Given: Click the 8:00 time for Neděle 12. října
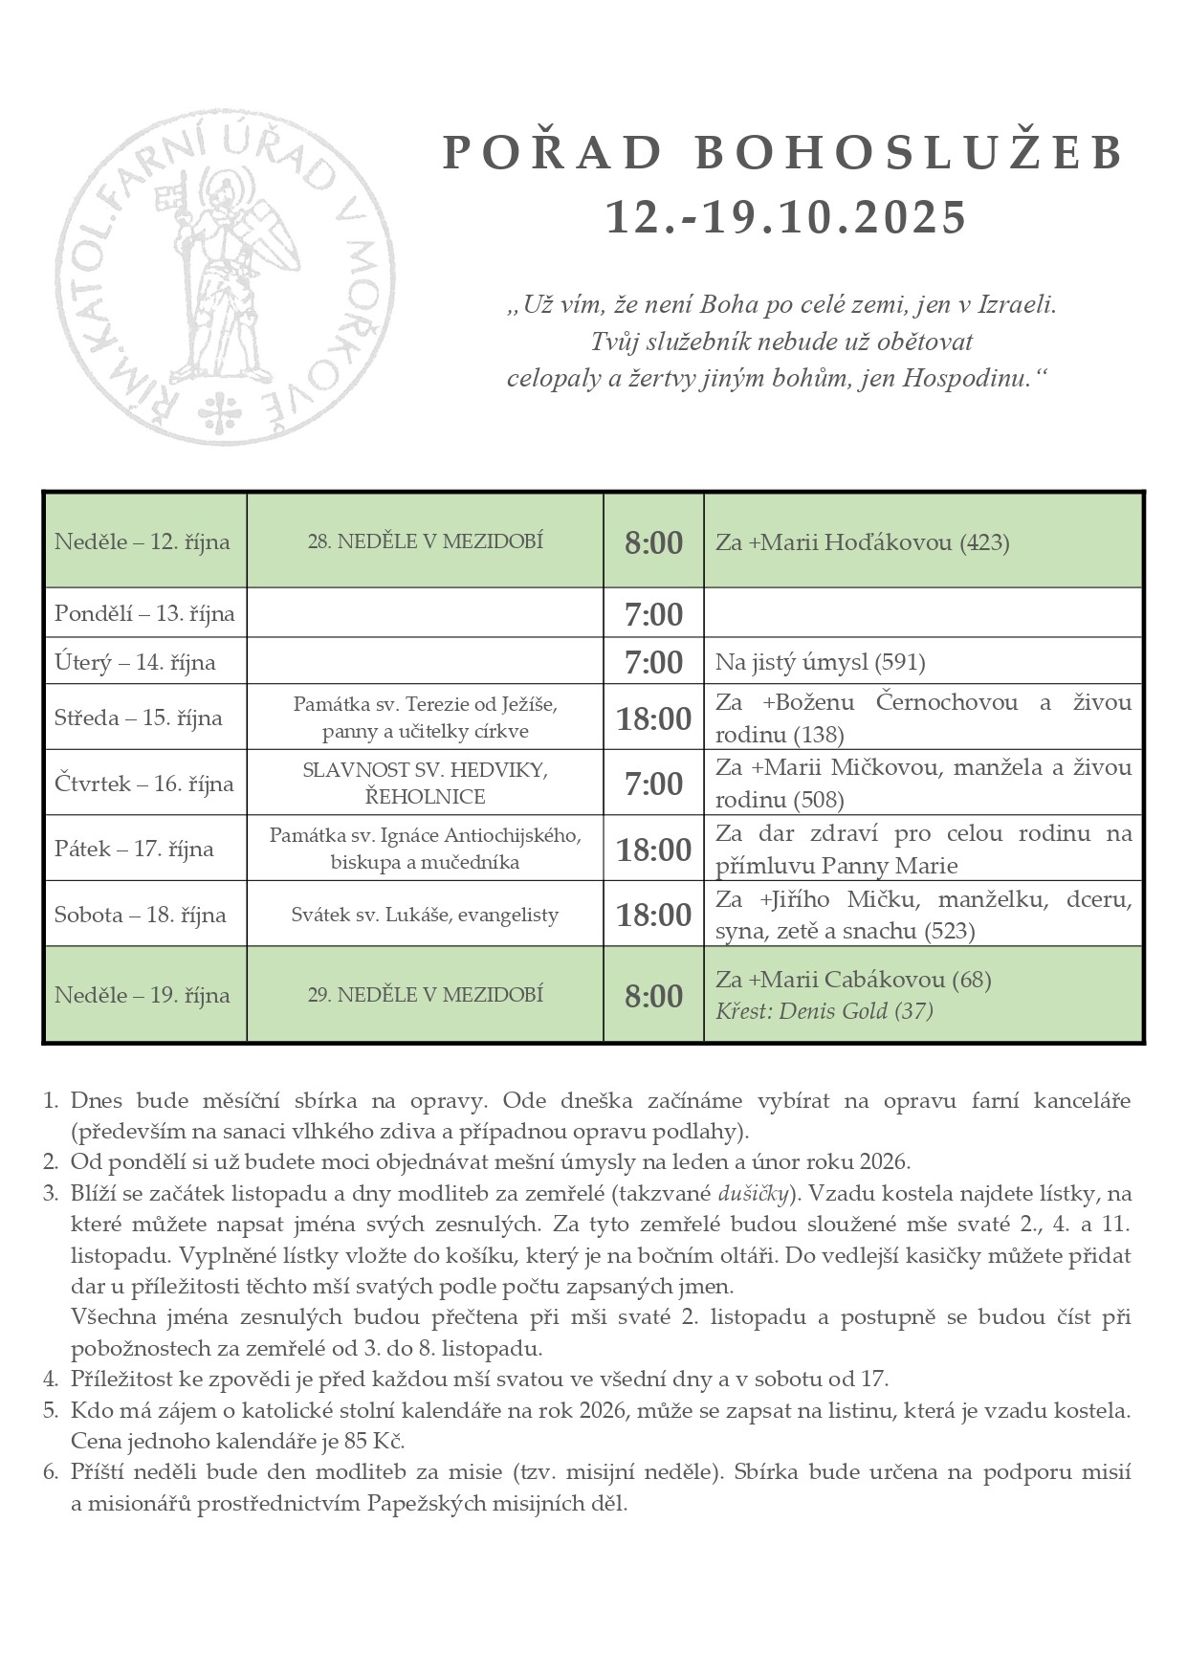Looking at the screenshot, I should click(x=653, y=543).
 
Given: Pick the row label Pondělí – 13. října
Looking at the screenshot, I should click(x=144, y=614).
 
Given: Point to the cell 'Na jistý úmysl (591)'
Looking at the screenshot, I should click(x=820, y=662).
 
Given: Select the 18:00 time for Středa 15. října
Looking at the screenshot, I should click(x=653, y=718).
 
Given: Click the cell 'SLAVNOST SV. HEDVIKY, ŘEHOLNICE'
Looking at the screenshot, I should click(x=425, y=784).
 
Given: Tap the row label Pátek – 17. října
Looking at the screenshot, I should click(x=134, y=850).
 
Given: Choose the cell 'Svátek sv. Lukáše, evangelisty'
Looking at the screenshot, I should click(x=425, y=916).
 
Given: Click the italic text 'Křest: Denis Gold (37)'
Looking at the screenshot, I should click(x=824, y=1011).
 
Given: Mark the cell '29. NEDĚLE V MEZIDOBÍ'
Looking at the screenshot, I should click(x=425, y=995).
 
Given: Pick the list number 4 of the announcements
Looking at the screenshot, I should click(x=51, y=1379).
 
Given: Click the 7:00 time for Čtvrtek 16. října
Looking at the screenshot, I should click(x=653, y=784).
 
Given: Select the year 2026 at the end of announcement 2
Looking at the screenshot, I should click(x=885, y=1162).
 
